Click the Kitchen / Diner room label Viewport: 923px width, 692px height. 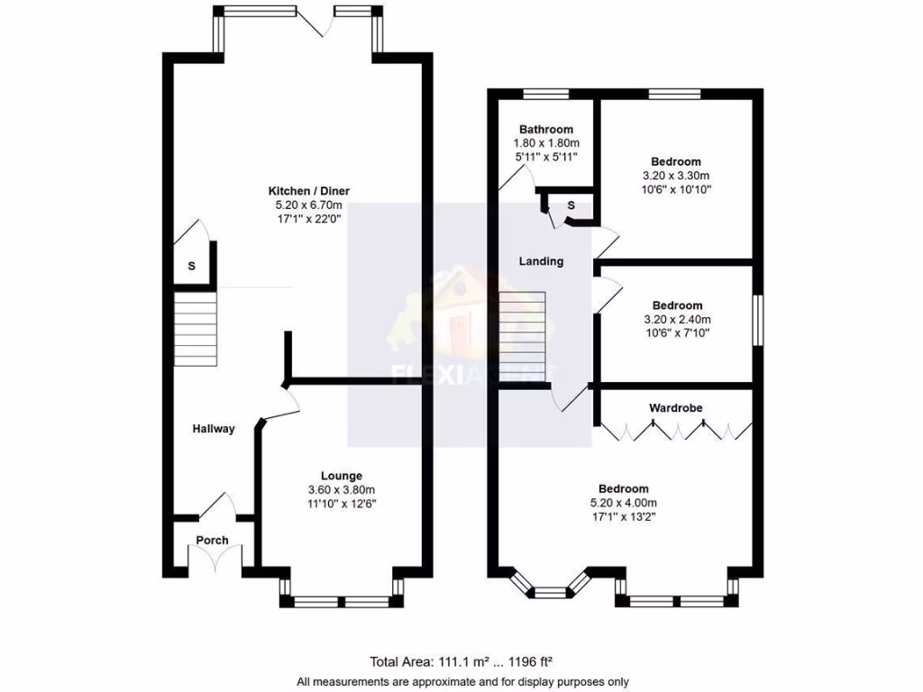(x=308, y=191)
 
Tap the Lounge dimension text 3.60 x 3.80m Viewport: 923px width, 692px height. (x=342, y=489)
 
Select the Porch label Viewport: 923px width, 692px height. (x=213, y=541)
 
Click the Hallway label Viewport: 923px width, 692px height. (x=214, y=429)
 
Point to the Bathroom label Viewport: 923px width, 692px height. (x=545, y=130)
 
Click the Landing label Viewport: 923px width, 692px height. (x=541, y=261)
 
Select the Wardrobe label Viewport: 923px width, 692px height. (x=676, y=408)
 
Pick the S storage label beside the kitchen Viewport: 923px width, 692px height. (x=191, y=267)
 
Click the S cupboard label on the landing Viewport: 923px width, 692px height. (x=571, y=206)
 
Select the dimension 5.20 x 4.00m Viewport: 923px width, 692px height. (x=623, y=503)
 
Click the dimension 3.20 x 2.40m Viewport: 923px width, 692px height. (x=677, y=319)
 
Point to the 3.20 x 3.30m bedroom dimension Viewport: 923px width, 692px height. (x=676, y=176)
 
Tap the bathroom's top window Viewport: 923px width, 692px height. (x=546, y=93)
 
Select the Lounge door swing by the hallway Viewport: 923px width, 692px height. (x=279, y=403)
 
